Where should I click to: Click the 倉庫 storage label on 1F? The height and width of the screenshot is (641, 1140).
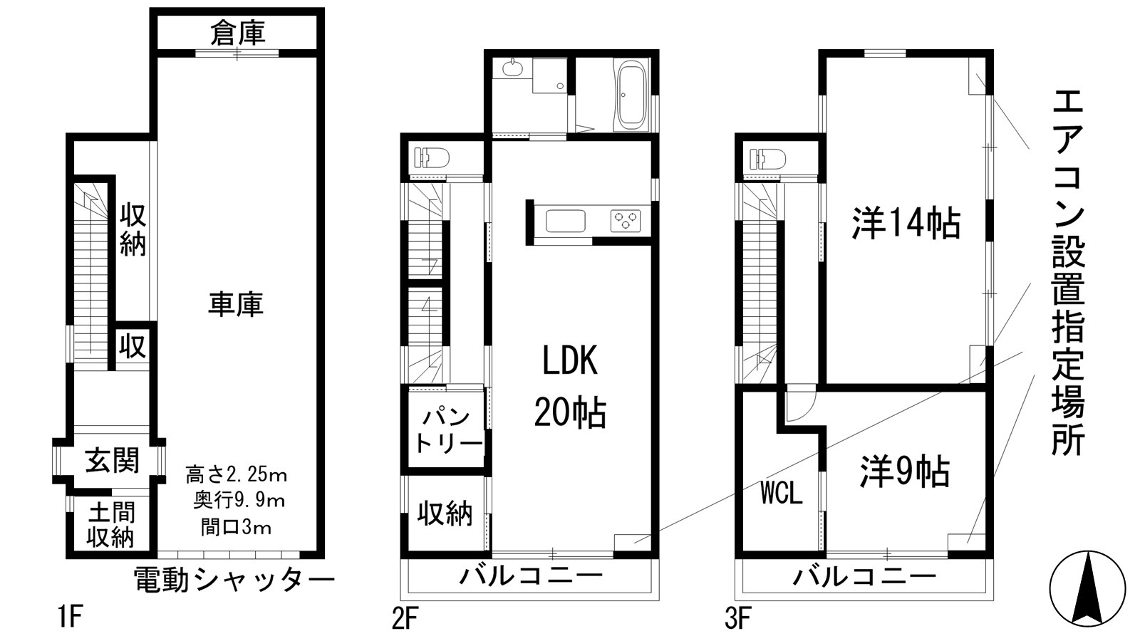[x=238, y=33]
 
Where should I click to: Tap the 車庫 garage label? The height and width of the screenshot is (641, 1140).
[x=236, y=303]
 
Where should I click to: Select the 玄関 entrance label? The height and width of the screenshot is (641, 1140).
[x=112, y=461]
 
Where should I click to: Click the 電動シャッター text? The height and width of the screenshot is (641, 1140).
[x=234, y=580]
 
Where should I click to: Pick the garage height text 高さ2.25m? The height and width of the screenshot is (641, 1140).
[x=236, y=474]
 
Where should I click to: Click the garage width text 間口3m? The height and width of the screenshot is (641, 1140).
[x=236, y=528]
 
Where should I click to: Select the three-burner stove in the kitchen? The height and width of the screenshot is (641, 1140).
[x=625, y=220]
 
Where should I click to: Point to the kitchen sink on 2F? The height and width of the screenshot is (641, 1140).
[x=566, y=221]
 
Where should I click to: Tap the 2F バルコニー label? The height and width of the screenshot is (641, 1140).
[x=530, y=575]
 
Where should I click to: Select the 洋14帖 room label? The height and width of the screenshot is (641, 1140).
[x=906, y=224]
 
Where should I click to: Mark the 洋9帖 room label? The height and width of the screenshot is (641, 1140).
[x=904, y=471]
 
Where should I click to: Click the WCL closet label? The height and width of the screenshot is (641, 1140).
[x=782, y=493]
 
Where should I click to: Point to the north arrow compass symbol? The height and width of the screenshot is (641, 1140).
[x=1087, y=588]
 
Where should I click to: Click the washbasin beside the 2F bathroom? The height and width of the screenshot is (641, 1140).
[x=512, y=69]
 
